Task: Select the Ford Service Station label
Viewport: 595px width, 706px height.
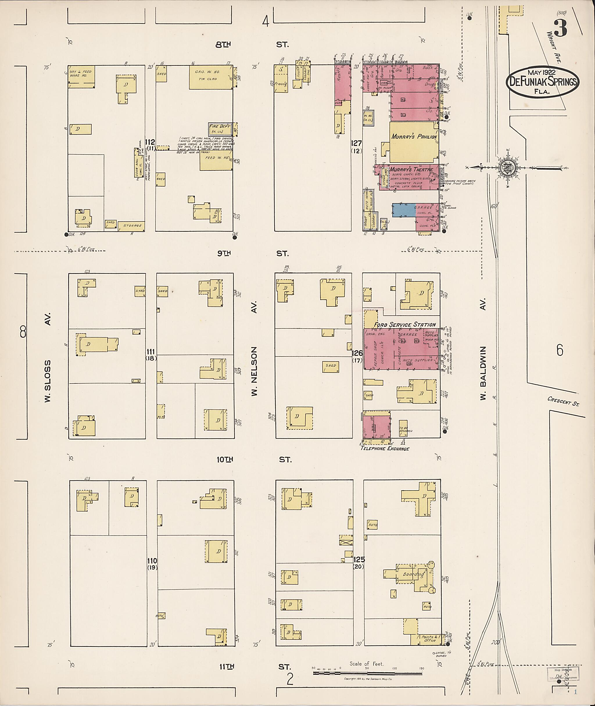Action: point(404,325)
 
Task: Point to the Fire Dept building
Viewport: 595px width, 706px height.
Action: point(220,128)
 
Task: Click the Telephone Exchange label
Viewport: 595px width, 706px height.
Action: point(385,448)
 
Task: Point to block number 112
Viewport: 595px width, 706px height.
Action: point(150,142)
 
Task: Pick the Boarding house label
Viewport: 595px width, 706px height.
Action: point(413,574)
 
